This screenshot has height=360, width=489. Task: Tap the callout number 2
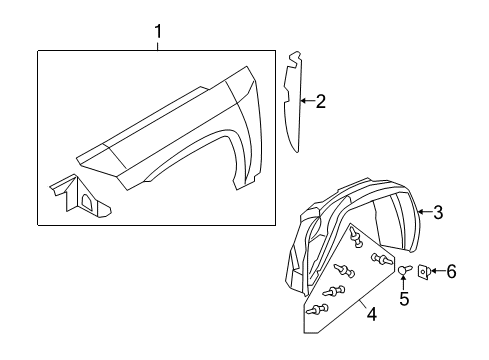pos(320,100)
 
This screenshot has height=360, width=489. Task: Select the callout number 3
pos(436,211)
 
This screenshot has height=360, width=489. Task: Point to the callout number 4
pos(371,315)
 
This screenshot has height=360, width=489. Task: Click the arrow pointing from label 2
pos(306,100)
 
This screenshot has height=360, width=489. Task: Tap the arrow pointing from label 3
pos(423,211)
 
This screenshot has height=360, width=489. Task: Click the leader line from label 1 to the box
pos(158,45)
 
